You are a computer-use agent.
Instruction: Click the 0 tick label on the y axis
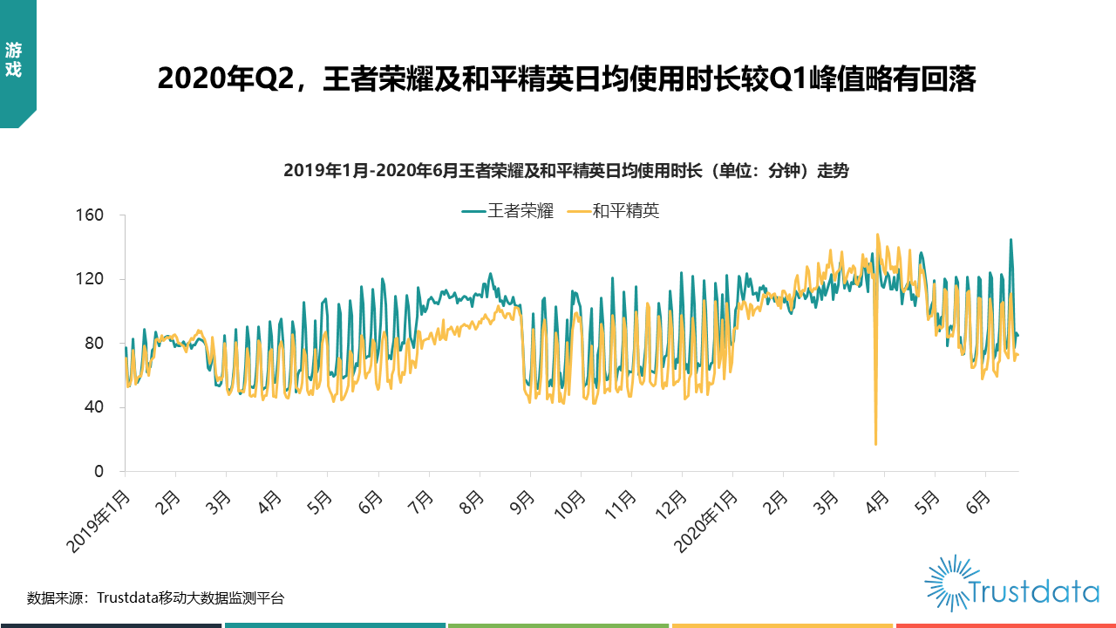(x=99, y=471)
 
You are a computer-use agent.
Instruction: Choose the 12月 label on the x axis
(x=670, y=506)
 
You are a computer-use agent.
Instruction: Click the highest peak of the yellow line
(x=877, y=235)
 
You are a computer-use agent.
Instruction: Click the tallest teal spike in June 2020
(x=1011, y=240)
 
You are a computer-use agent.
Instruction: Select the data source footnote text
(x=155, y=598)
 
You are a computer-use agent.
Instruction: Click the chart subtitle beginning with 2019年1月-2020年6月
(x=566, y=172)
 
